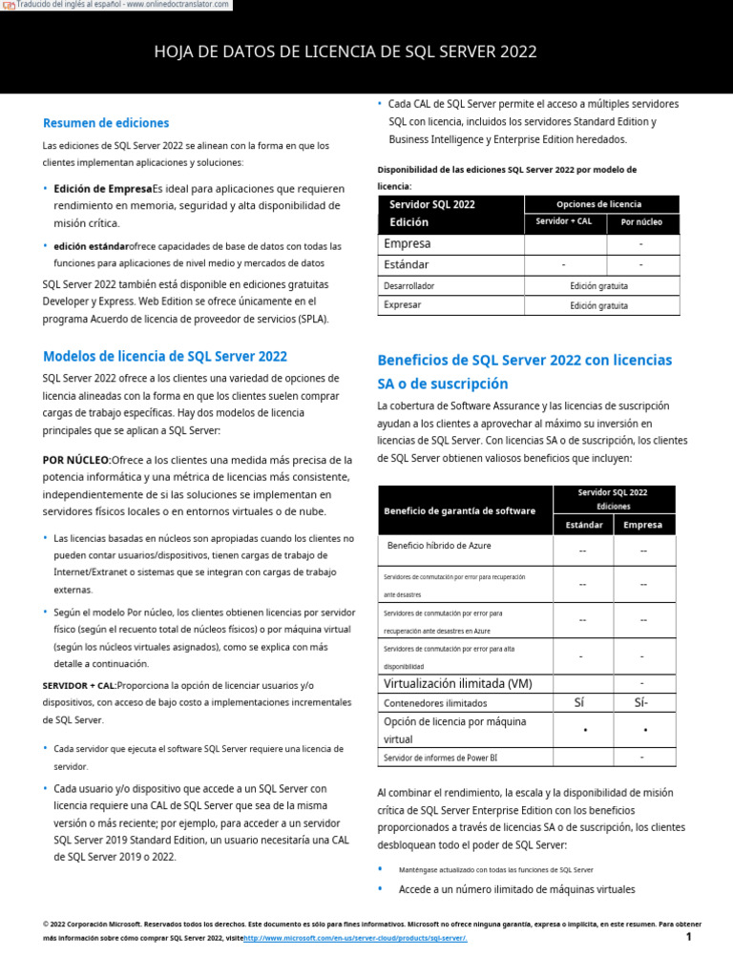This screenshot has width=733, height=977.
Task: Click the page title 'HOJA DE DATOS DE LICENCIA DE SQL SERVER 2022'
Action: pos(346,52)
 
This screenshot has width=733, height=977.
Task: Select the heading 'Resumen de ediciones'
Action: pos(106,123)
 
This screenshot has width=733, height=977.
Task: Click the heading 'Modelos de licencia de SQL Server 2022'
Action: pos(165,357)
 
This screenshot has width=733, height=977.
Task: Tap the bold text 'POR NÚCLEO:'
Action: pos(77,460)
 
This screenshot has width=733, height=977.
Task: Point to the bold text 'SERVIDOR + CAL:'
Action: pos(79,686)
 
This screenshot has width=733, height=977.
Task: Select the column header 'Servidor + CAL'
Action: pos(564,222)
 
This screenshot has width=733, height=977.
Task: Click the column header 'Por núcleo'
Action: pos(641,222)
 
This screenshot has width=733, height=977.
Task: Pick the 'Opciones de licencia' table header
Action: pos(599,204)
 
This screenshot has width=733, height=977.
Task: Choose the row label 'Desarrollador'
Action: pos(409,285)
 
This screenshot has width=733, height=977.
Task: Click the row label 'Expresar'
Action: pos(402,305)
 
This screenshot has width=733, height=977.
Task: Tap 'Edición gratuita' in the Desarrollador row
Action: pos(599,285)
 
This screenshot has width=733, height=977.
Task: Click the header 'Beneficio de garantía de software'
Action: pos(459,511)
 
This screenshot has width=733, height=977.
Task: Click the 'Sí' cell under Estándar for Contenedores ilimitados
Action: pos(579,703)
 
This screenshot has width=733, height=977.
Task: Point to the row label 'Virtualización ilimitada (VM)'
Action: pos(458,684)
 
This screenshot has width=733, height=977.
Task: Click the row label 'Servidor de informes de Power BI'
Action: pos(440,758)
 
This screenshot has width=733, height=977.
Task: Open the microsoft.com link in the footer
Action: pos(356,938)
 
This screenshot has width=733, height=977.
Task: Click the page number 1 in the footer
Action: pos(688,937)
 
